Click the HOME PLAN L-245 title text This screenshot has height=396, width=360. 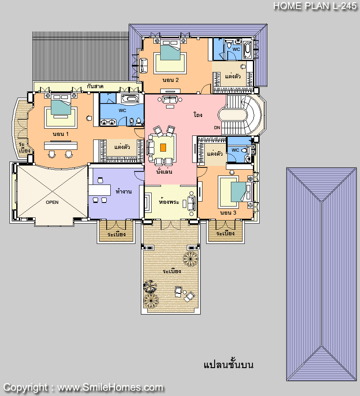click(315, 6)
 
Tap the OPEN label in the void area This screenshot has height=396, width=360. click(52, 202)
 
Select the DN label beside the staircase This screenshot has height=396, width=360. click(217, 127)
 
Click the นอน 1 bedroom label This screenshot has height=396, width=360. click(60, 134)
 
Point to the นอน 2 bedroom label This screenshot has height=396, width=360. click(171, 80)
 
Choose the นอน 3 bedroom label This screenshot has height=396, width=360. click(228, 213)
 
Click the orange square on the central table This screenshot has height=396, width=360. click(163, 148)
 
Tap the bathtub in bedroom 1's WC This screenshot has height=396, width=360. click(130, 99)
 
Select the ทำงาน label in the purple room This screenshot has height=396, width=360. click(124, 191)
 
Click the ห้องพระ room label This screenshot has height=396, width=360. click(169, 202)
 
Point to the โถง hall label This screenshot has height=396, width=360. click(198, 115)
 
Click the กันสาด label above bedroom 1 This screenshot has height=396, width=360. click(95, 86)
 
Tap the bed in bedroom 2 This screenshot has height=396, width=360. click(170, 50)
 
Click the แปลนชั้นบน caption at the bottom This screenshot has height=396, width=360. click(229, 364)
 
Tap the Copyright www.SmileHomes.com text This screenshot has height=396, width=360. click(83, 387)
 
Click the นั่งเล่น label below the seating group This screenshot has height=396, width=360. click(164, 172)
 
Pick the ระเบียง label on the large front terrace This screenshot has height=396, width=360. click(172, 271)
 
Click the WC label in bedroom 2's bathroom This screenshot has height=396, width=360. click(236, 49)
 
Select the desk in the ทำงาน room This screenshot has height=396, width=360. click(99, 190)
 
